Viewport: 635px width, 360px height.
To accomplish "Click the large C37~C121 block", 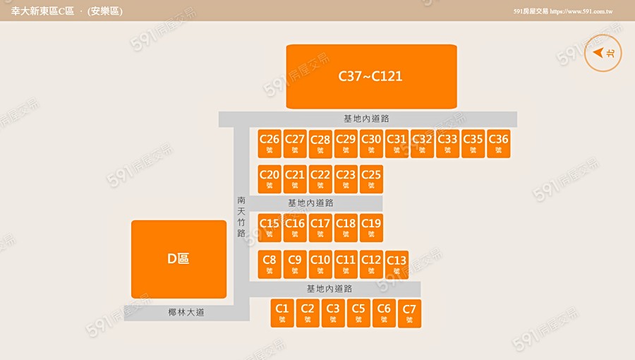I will (x=371, y=76).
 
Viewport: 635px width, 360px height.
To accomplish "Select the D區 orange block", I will (x=179, y=259).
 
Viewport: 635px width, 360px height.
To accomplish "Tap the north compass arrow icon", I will (x=603, y=53).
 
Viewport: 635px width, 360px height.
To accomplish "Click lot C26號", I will (x=270, y=143).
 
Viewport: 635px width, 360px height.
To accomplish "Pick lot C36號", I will (x=498, y=143).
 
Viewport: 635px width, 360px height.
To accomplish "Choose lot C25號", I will (x=371, y=179).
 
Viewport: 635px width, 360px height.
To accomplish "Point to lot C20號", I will (x=270, y=179).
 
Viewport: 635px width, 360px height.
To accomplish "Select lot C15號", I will (x=270, y=227).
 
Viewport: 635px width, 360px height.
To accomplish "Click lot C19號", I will (x=371, y=227).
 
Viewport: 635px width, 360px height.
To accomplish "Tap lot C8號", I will (x=270, y=263).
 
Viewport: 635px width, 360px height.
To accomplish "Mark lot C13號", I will (x=397, y=265).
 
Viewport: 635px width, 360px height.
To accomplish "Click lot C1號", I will (x=282, y=312).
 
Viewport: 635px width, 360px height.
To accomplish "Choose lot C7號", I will (x=409, y=313).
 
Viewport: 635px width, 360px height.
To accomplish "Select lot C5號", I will (x=358, y=312).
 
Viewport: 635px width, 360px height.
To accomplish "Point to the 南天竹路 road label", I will (x=241, y=217).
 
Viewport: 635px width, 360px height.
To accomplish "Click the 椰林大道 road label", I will (x=186, y=313).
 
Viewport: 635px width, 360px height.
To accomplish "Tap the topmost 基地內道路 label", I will (x=366, y=119).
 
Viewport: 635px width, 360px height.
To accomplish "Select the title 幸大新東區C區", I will (x=42, y=11).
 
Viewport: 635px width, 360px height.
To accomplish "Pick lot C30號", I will (x=371, y=143).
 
